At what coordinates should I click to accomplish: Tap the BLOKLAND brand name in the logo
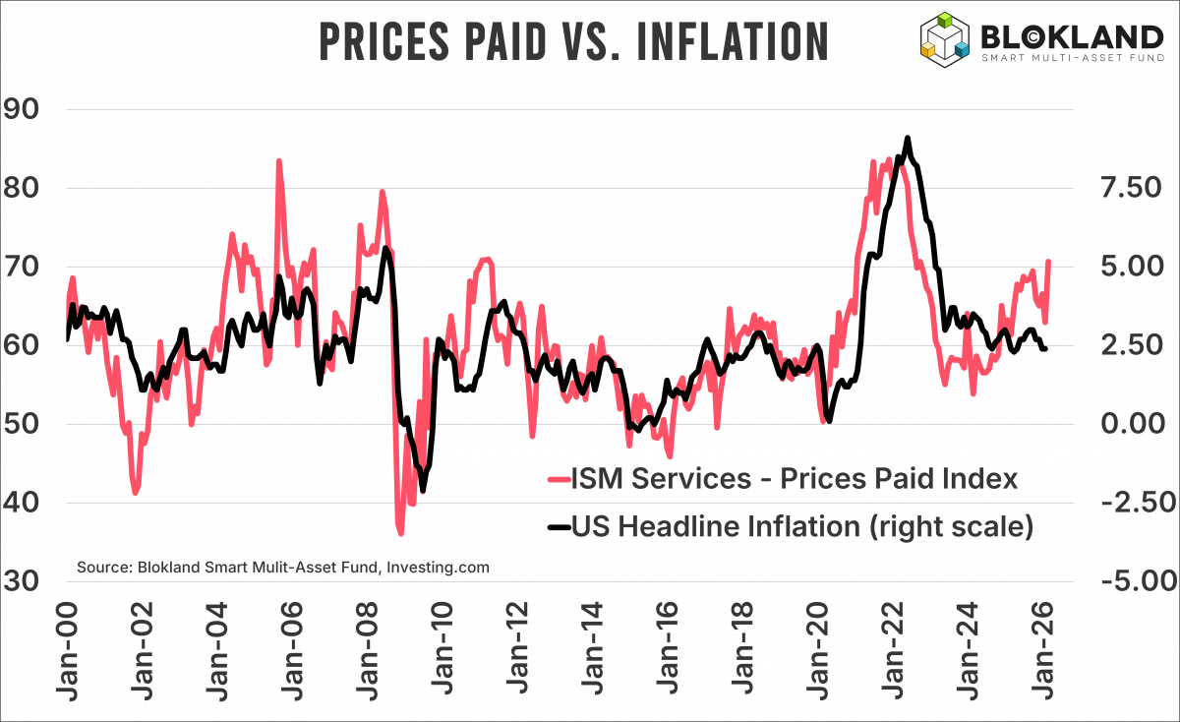tap(1072, 37)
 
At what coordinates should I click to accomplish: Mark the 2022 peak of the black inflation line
tap(907, 138)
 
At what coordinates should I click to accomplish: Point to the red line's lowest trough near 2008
tap(400, 533)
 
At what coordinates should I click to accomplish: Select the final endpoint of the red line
tap(1049, 262)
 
